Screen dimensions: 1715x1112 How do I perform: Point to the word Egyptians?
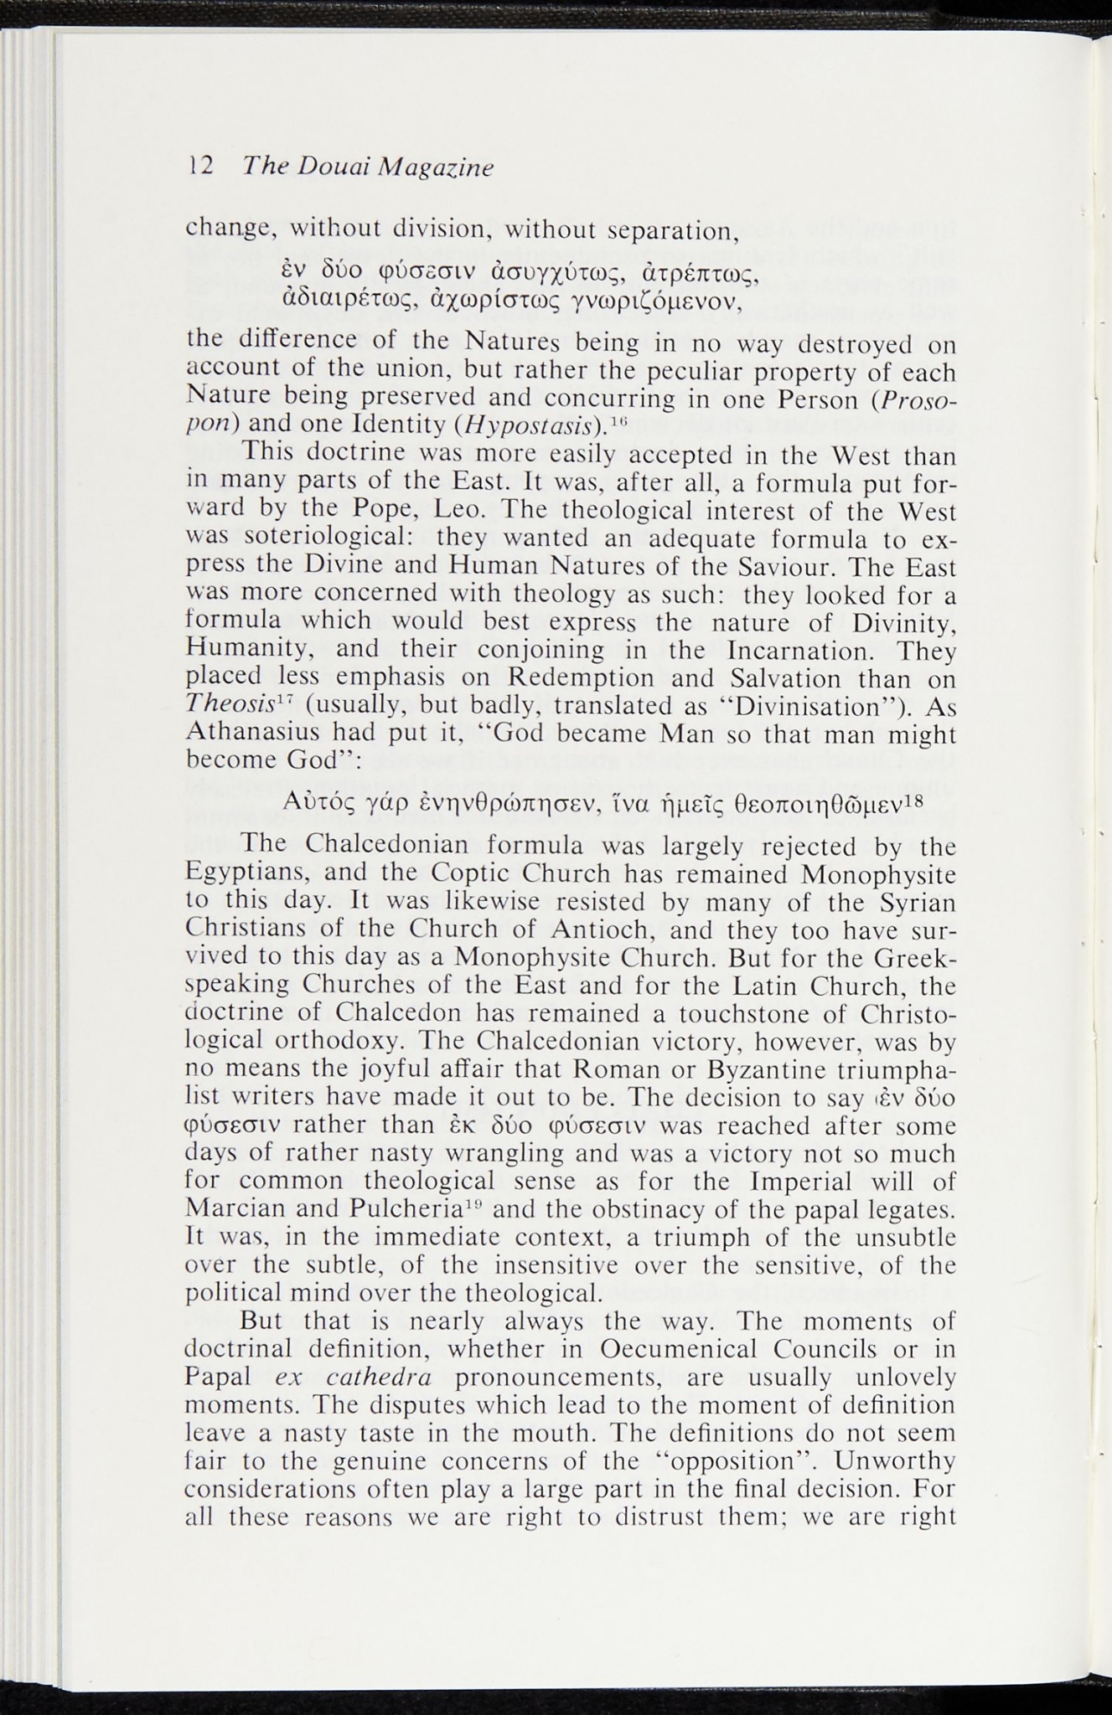tap(244, 873)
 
